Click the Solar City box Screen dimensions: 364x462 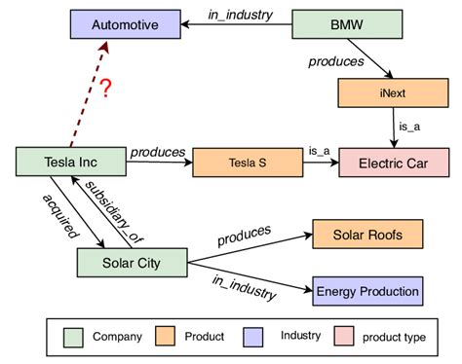click(132, 262)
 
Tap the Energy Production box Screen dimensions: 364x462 click(367, 289)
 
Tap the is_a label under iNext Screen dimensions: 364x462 click(407, 126)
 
